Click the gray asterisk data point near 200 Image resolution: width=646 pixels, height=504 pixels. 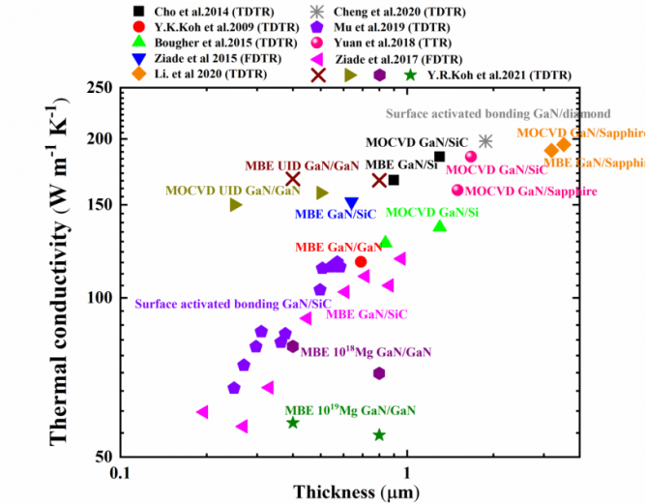[485, 141]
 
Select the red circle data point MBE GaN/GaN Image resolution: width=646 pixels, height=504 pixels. [361, 261]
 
